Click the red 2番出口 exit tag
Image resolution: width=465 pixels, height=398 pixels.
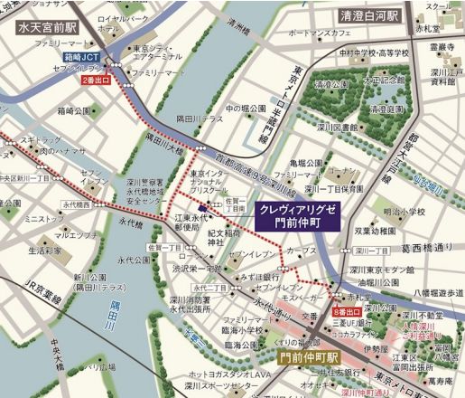98,81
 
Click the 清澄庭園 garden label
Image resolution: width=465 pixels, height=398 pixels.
333,85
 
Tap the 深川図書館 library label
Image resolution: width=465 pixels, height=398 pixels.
339,127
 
